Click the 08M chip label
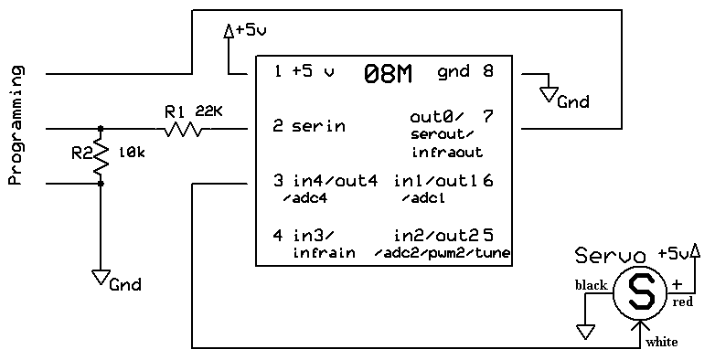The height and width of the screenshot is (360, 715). pyautogui.click(x=388, y=74)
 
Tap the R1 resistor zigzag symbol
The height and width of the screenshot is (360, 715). pyautogui.click(x=183, y=129)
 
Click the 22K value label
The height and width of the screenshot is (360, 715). pyautogui.click(x=208, y=111)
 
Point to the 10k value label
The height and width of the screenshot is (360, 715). pyautogui.click(x=132, y=153)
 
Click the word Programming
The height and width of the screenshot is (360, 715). pyautogui.click(x=16, y=125)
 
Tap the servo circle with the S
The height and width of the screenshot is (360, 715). pyautogui.click(x=641, y=293)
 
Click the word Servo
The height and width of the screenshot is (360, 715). pyautogui.click(x=610, y=255)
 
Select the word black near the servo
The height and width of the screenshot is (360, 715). pyautogui.click(x=592, y=285)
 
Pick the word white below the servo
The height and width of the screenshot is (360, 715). pyautogui.click(x=662, y=342)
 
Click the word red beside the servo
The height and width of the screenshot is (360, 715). pyautogui.click(x=683, y=302)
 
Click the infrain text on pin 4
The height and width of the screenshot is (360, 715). pyautogui.click(x=324, y=252)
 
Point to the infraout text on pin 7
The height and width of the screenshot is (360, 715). pyautogui.click(x=447, y=152)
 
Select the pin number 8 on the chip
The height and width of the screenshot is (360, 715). pyautogui.click(x=488, y=71)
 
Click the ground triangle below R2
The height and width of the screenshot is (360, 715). pyautogui.click(x=101, y=277)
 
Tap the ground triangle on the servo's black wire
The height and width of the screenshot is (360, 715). pyautogui.click(x=585, y=332)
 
